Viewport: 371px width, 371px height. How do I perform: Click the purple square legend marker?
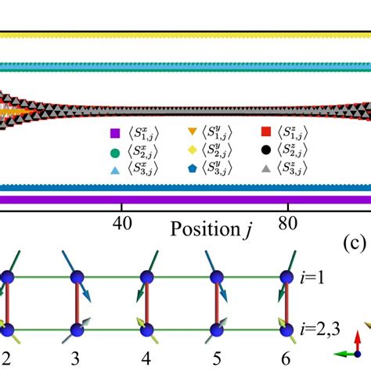(x=115, y=134)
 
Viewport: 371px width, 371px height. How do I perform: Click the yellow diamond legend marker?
(x=193, y=150)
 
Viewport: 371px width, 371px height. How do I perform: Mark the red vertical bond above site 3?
(x=75, y=301)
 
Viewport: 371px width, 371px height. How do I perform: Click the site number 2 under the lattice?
(x=6, y=358)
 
